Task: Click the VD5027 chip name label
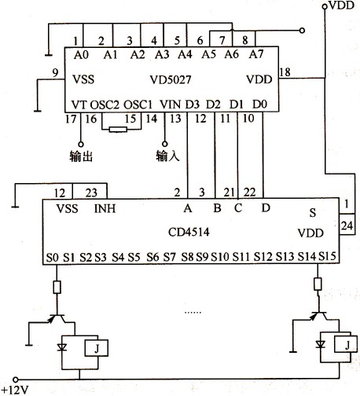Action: pos(171,79)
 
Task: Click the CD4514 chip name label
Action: pos(189,232)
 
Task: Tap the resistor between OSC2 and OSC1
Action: pos(118,130)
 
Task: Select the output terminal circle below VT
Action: pos(81,144)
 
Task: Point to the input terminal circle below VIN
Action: pos(165,144)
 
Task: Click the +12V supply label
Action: pos(15,390)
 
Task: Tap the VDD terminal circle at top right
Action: pos(325,6)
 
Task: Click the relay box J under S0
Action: pos(97,348)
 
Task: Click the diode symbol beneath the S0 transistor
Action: pos(62,347)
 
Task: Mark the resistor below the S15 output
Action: pos(318,284)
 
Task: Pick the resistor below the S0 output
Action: pos(57,288)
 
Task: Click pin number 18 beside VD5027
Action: pos(285,71)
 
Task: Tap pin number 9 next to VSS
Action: pos(55,73)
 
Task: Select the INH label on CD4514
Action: pos(105,209)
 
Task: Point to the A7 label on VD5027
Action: pos(256,54)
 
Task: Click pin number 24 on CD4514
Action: pos(347,225)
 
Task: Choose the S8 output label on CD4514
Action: pos(188,257)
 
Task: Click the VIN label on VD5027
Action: pos(171,104)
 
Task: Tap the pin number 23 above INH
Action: pos(91,193)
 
